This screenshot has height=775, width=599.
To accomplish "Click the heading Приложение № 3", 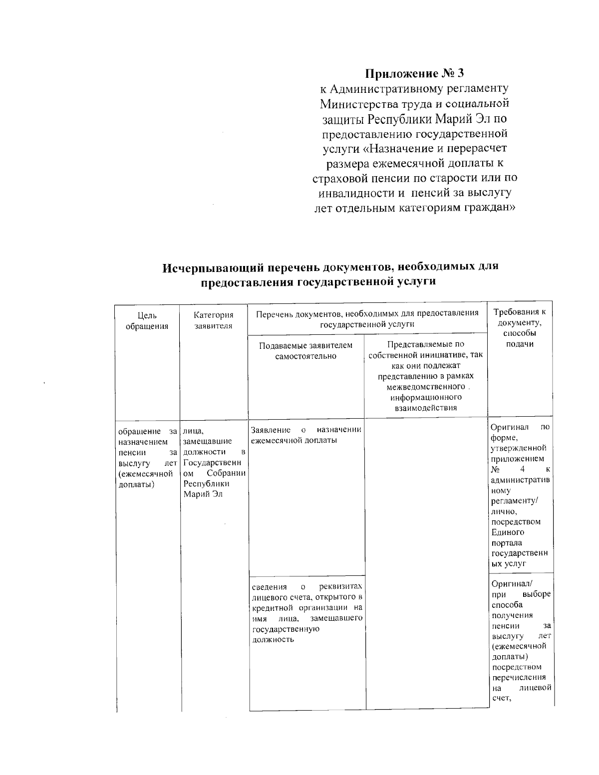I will coord(415,74).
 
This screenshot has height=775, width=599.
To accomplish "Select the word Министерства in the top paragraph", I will coord(355,104).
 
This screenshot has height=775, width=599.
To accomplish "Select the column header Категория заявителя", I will coord(214,320).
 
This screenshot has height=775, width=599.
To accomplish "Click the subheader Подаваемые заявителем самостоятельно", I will coord(306,350).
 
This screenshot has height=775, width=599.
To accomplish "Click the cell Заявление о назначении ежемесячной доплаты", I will coord(306,435).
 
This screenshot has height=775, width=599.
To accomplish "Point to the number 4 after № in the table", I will coord(522,469).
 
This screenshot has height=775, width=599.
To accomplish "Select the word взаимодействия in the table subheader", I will coord(426,408).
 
